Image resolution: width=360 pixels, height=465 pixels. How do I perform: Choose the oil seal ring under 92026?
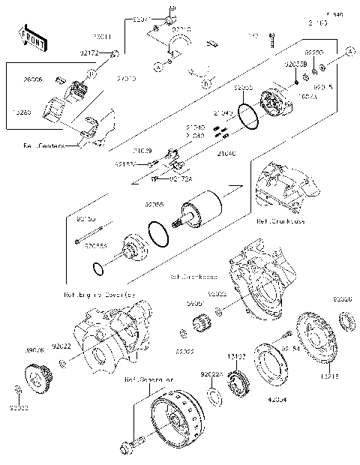click(x=347, y=322)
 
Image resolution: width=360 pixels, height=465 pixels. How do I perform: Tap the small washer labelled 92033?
click(x=16, y=390)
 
